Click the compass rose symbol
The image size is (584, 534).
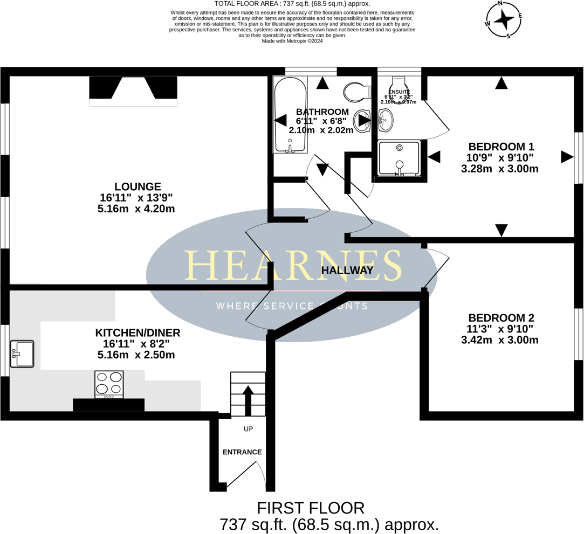pos(504,20)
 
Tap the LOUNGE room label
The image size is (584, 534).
pos(137,187)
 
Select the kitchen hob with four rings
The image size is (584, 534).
pos(109,384)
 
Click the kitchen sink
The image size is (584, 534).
pos(22,354)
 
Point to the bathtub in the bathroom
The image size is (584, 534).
pos(290,115)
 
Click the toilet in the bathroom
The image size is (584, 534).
pos(357,92)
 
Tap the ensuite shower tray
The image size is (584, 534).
pos(399,158)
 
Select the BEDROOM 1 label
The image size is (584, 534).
pos(501,147)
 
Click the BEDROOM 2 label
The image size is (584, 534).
pos(501,318)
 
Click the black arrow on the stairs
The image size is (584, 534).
pos(248,399)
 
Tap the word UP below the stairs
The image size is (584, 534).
pos(248,429)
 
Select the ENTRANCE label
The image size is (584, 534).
pos(242,452)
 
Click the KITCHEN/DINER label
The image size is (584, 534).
pos(138,333)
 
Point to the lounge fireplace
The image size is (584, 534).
pos(133,89)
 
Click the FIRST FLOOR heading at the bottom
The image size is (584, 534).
pos(311,508)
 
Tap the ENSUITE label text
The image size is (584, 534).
pos(400,92)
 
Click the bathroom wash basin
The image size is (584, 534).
pos(363,121)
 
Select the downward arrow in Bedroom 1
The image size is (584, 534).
pos(501,230)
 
